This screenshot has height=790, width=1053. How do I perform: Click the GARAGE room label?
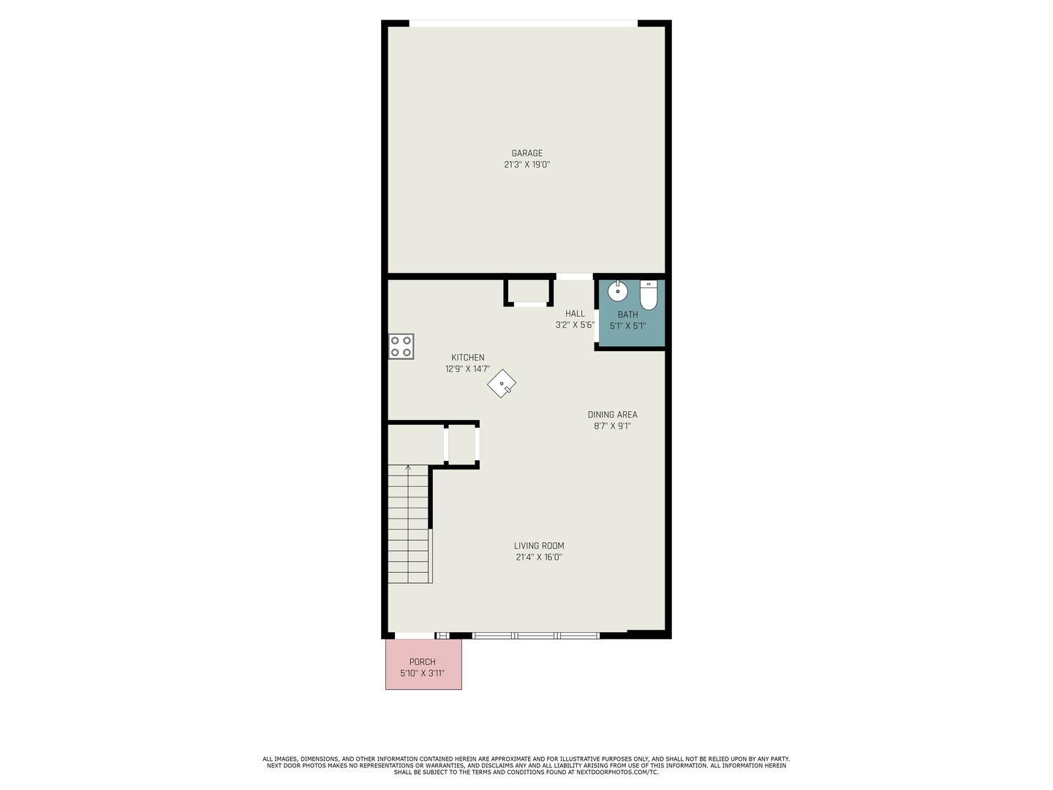[x=526, y=153]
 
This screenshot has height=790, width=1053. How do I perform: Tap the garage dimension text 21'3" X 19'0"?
[x=526, y=165]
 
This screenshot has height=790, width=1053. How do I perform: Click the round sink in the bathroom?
[x=618, y=291]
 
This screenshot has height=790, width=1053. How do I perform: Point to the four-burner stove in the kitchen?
[x=401, y=346]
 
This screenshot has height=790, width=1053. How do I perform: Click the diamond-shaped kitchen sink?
[x=502, y=383]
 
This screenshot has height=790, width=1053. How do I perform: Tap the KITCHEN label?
[x=467, y=358]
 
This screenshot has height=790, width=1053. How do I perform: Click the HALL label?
[x=575, y=314]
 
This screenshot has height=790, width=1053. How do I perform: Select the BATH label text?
[x=627, y=315]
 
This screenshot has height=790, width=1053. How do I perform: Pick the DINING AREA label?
[x=612, y=415]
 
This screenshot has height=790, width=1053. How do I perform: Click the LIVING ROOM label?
[x=539, y=546]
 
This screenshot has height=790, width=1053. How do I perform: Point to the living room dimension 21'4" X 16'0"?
[x=539, y=557]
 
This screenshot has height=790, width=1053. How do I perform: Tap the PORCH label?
[x=422, y=662]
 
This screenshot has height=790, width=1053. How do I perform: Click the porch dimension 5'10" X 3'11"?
[x=422, y=674]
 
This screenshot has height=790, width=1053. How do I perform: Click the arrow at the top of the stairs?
[x=408, y=468]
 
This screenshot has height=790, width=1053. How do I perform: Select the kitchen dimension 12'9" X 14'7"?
[x=467, y=369]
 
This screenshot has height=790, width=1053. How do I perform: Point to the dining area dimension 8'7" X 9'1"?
[x=612, y=426]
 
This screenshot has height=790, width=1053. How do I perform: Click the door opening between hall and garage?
[x=574, y=276]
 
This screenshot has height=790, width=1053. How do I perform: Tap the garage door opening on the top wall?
[x=523, y=23]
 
